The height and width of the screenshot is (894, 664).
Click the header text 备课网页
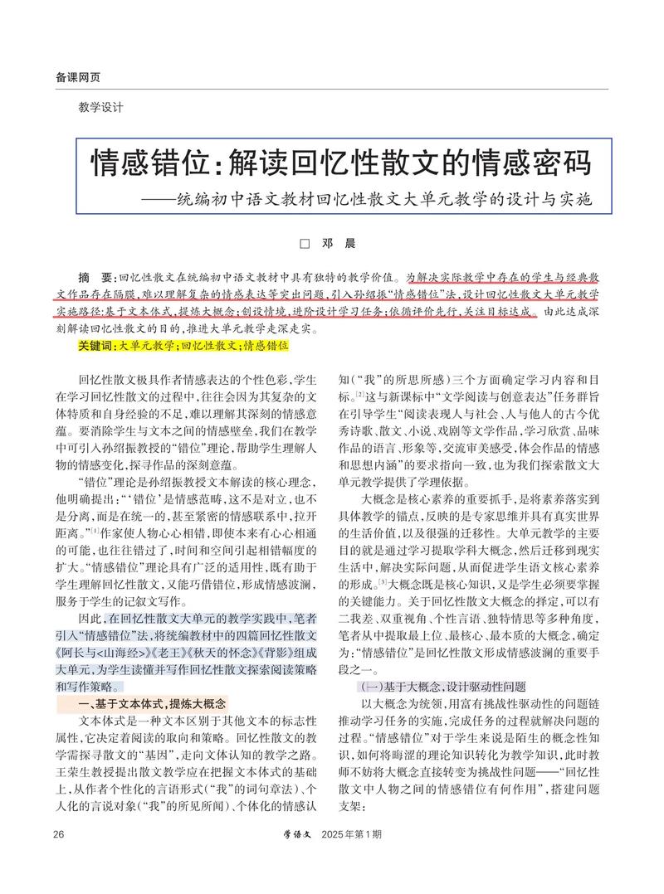78,77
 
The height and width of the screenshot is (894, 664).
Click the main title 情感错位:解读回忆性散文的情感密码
340,163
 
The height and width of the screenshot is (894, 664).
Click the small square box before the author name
304,244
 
